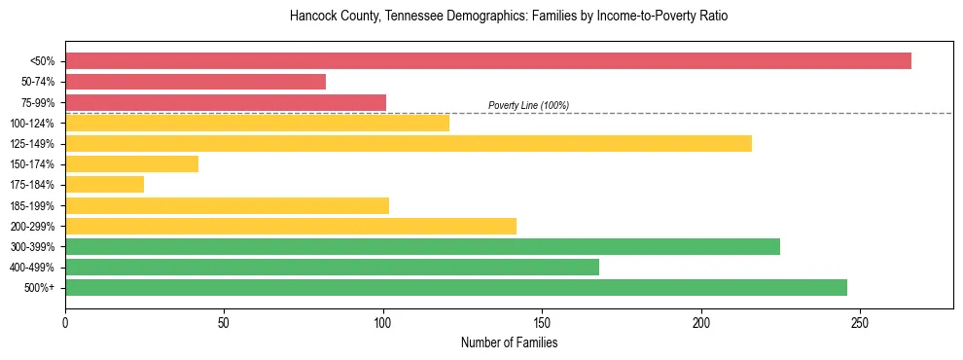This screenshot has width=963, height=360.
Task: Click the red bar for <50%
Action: [487, 61]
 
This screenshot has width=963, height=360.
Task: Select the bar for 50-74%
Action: [196, 82]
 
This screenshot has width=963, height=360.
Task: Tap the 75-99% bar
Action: [226, 102]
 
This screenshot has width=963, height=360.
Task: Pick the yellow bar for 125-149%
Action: [409, 144]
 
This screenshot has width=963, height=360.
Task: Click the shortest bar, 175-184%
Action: [104, 185]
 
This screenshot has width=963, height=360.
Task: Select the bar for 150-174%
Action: [131, 164]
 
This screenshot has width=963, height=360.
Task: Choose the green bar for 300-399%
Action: [422, 247]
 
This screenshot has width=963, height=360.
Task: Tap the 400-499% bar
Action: [332, 268]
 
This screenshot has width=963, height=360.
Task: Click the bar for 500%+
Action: [456, 288]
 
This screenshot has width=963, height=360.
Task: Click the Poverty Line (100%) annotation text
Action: [528, 105]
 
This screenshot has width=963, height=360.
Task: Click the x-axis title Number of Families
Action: [509, 342]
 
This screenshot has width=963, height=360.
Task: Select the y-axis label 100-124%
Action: [32, 124]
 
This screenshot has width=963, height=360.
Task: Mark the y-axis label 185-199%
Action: [32, 206]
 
